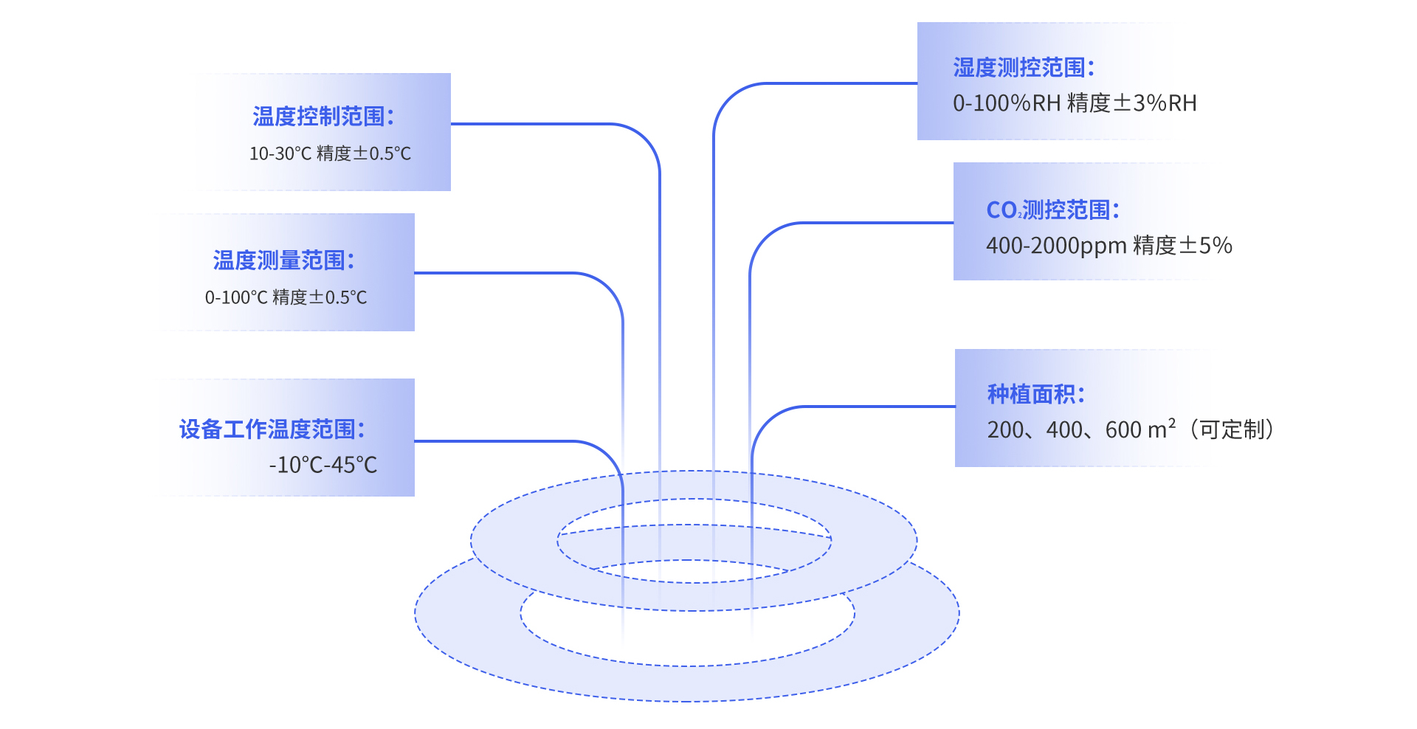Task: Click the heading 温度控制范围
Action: (x=323, y=117)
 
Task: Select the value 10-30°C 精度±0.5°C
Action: (x=330, y=153)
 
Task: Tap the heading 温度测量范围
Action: (x=284, y=260)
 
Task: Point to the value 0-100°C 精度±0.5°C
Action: (x=286, y=297)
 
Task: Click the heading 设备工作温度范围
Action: (x=272, y=429)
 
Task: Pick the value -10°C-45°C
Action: (x=323, y=465)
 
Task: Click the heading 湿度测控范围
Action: (x=1024, y=68)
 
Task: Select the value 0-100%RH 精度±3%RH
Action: (x=1075, y=103)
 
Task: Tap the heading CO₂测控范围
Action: (x=1053, y=210)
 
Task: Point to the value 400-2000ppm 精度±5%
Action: (x=1109, y=246)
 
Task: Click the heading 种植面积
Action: (x=1036, y=395)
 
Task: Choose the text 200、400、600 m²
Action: (x=1081, y=429)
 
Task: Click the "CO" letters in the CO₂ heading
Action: (x=1002, y=210)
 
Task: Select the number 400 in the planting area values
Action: (x=1063, y=429)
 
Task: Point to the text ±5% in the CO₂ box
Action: (x=1206, y=246)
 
